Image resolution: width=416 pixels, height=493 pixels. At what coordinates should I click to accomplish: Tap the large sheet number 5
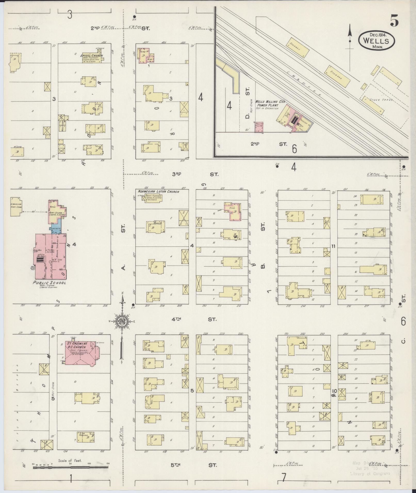pyautogui.click(x=394, y=21)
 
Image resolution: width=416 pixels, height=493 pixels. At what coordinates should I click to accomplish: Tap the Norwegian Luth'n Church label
pyautogui.click(x=159, y=192)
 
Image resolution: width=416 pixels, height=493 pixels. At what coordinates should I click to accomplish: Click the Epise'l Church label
pyautogui.click(x=92, y=56)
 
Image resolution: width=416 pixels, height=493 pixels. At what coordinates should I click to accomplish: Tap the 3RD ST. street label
pyautogui.click(x=195, y=174)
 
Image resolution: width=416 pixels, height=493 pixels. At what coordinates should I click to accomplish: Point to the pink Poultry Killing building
pyautogui.click(x=259, y=127)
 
